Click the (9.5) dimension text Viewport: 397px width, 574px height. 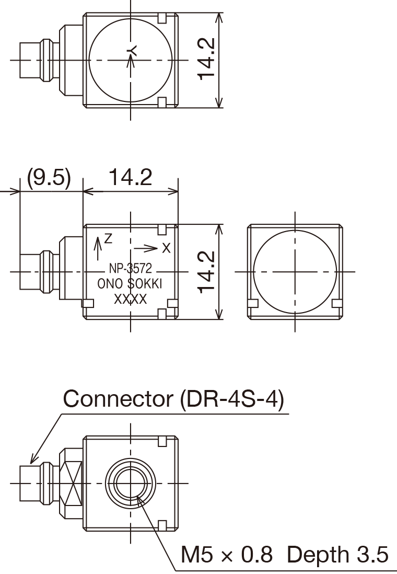tap(49, 178)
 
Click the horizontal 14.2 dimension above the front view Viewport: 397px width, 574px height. tap(130, 177)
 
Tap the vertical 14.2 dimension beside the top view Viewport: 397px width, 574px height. tap(207, 59)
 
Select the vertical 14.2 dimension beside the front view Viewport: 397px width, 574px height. tap(207, 272)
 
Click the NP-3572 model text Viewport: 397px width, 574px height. tap(130, 269)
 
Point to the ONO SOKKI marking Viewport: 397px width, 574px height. tap(130, 284)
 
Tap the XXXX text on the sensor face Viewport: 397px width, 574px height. tap(130, 299)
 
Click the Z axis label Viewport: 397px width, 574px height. tap(108, 239)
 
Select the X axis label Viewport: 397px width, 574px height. tap(166, 248)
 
